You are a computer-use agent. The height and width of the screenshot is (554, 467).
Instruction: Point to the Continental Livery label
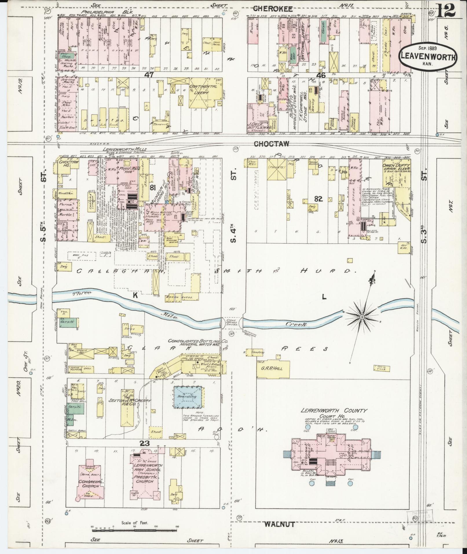(203, 89)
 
